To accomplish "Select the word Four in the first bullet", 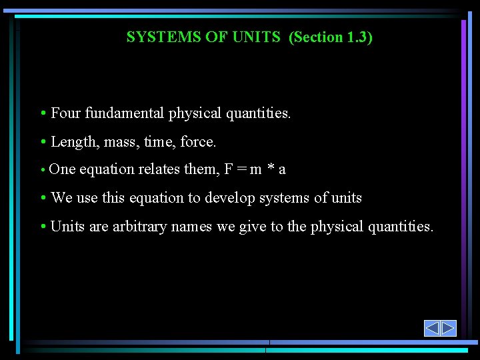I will coord(65,113).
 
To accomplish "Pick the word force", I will coord(199,142).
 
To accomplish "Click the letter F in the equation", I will coord(228,169).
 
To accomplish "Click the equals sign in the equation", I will coord(239,170).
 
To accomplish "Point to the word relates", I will coord(159,169).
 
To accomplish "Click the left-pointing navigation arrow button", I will coord(432,328).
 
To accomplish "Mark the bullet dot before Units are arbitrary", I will coord(43,227).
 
